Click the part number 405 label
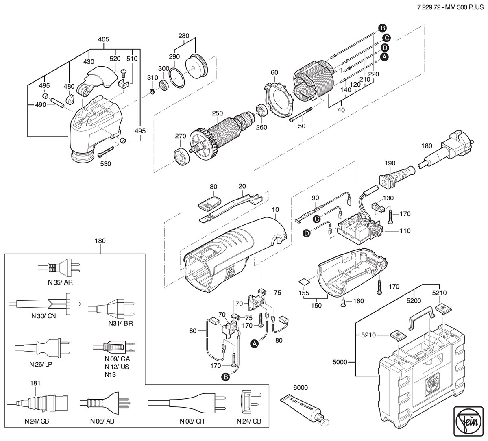click(x=103, y=39)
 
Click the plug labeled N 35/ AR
click(x=59, y=268)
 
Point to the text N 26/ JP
click(x=41, y=364)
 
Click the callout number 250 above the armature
click(x=217, y=113)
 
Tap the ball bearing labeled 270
click(x=182, y=156)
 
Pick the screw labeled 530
click(x=106, y=151)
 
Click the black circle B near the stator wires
click(x=382, y=28)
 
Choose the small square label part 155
click(x=304, y=282)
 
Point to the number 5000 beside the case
click(x=340, y=362)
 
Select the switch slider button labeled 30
click(x=210, y=203)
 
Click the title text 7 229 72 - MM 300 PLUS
click(x=450, y=7)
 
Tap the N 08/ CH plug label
click(x=192, y=421)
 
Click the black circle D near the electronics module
click(x=307, y=234)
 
